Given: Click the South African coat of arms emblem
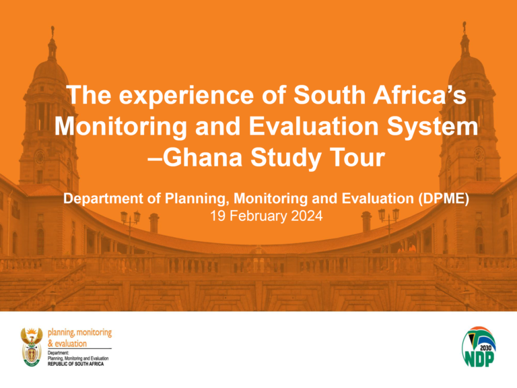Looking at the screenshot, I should [32, 347].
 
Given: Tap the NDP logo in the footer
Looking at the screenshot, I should [480, 348].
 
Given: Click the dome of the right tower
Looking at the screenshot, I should [464, 67].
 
